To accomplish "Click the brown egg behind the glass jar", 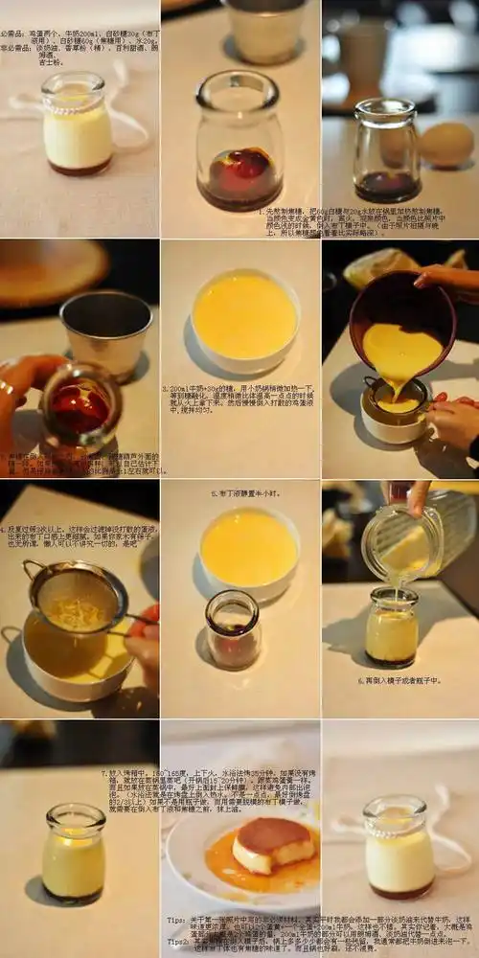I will coord(446,145).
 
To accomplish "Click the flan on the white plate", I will coord(273,843).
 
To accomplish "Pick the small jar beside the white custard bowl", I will coord(232,628).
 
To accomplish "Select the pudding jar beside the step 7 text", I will coord(74,853).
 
